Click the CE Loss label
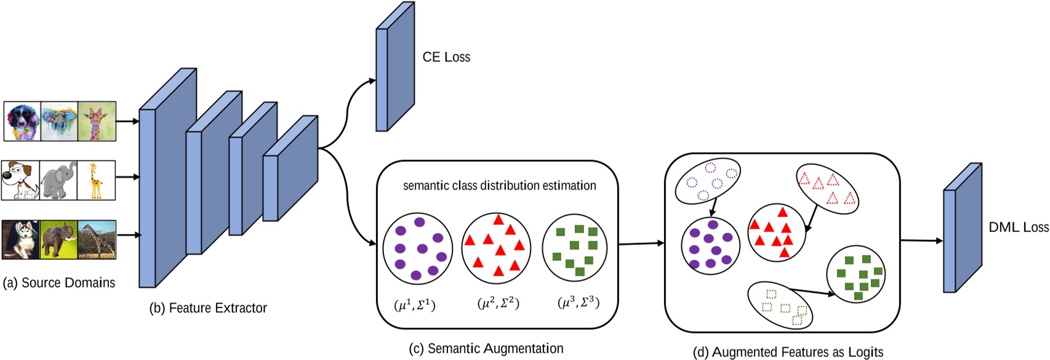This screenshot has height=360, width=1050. (446, 57)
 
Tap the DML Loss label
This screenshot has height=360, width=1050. (1018, 227)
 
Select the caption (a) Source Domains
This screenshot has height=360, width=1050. (59, 283)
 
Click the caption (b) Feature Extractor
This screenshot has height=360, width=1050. (208, 308)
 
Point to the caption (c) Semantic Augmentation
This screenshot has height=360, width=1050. (486, 349)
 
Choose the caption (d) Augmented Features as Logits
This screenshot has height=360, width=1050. (788, 352)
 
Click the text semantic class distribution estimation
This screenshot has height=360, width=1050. (499, 185)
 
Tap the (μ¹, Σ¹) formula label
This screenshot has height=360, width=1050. (414, 305)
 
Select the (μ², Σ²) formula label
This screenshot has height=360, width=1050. (498, 303)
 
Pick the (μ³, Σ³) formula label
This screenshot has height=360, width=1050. (578, 303)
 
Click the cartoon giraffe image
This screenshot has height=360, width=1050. (97, 180)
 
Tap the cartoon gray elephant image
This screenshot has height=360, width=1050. (58, 180)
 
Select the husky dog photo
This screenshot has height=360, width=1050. (20, 239)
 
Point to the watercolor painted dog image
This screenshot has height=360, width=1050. (22, 121)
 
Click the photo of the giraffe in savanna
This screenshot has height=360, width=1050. (97, 239)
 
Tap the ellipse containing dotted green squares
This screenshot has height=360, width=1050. (780, 305)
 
